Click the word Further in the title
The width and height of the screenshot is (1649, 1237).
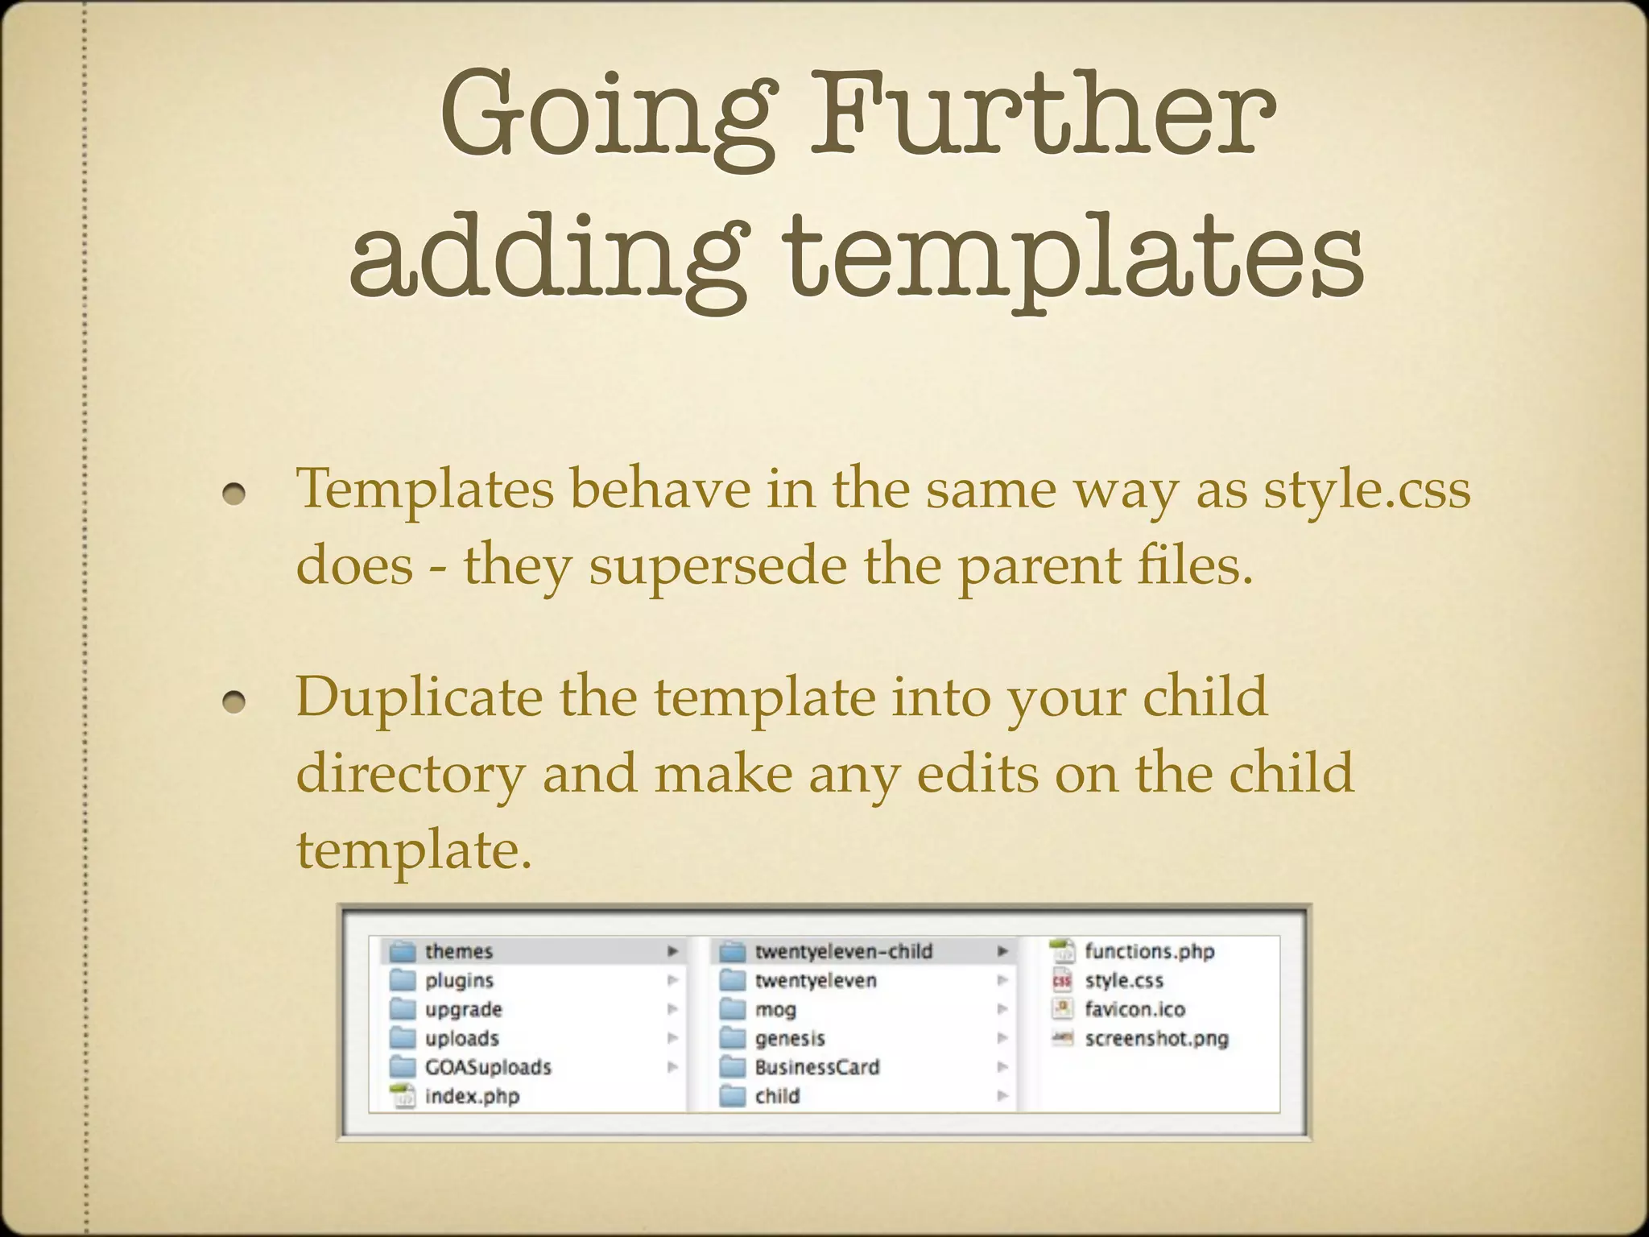[1043, 114]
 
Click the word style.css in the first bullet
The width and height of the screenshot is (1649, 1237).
[1366, 490]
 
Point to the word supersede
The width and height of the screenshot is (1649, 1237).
[717, 565]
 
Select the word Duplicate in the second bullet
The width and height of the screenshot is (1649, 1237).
[419, 697]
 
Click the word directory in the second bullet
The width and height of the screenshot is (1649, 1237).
[411, 773]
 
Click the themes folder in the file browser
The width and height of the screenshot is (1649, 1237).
[458, 951]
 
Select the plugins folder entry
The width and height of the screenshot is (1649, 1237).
[459, 980]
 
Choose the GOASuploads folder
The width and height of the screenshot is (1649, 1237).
[488, 1067]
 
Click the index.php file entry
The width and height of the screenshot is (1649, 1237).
[472, 1096]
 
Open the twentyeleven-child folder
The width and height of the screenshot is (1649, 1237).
[843, 951]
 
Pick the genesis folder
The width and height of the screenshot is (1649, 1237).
[789, 1038]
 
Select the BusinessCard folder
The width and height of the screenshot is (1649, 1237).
[816, 1067]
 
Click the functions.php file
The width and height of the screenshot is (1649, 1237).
[1149, 951]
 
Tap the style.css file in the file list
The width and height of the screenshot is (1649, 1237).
[1124, 980]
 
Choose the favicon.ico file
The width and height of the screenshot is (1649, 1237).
[1134, 1009]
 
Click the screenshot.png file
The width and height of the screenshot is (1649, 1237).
[1156, 1038]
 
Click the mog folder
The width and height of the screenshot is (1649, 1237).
[775, 1009]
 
